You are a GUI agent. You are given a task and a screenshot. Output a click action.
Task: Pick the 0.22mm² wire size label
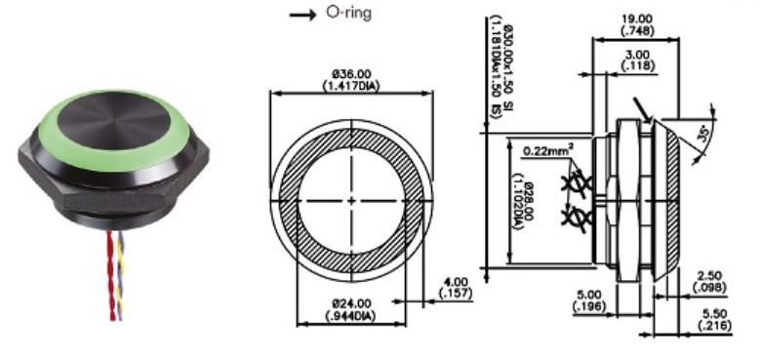click(547, 150)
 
